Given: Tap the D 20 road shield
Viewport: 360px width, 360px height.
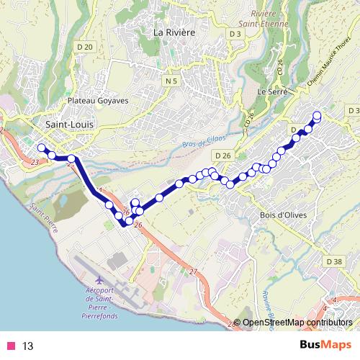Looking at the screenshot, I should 85,47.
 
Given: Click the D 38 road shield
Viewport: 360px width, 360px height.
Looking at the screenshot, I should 333,261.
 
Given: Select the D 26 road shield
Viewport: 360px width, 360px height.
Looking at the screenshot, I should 222,155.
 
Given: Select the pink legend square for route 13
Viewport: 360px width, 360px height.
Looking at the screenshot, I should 11,346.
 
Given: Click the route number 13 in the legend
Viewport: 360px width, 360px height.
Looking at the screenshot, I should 28,346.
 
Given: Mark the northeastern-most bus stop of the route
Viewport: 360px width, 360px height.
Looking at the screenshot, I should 317,114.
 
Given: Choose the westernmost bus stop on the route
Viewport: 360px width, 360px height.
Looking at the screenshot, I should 41,148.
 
